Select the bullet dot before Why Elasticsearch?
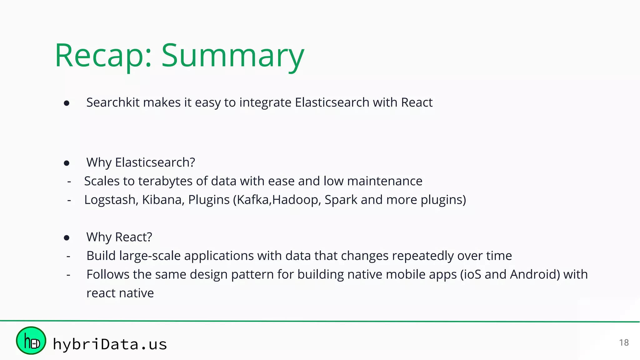[67, 163]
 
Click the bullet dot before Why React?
[67, 238]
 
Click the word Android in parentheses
[535, 274]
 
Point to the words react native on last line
[120, 293]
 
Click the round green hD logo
[31, 341]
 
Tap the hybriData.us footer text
[110, 344]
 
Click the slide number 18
[624, 342]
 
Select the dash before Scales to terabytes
[69, 181]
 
